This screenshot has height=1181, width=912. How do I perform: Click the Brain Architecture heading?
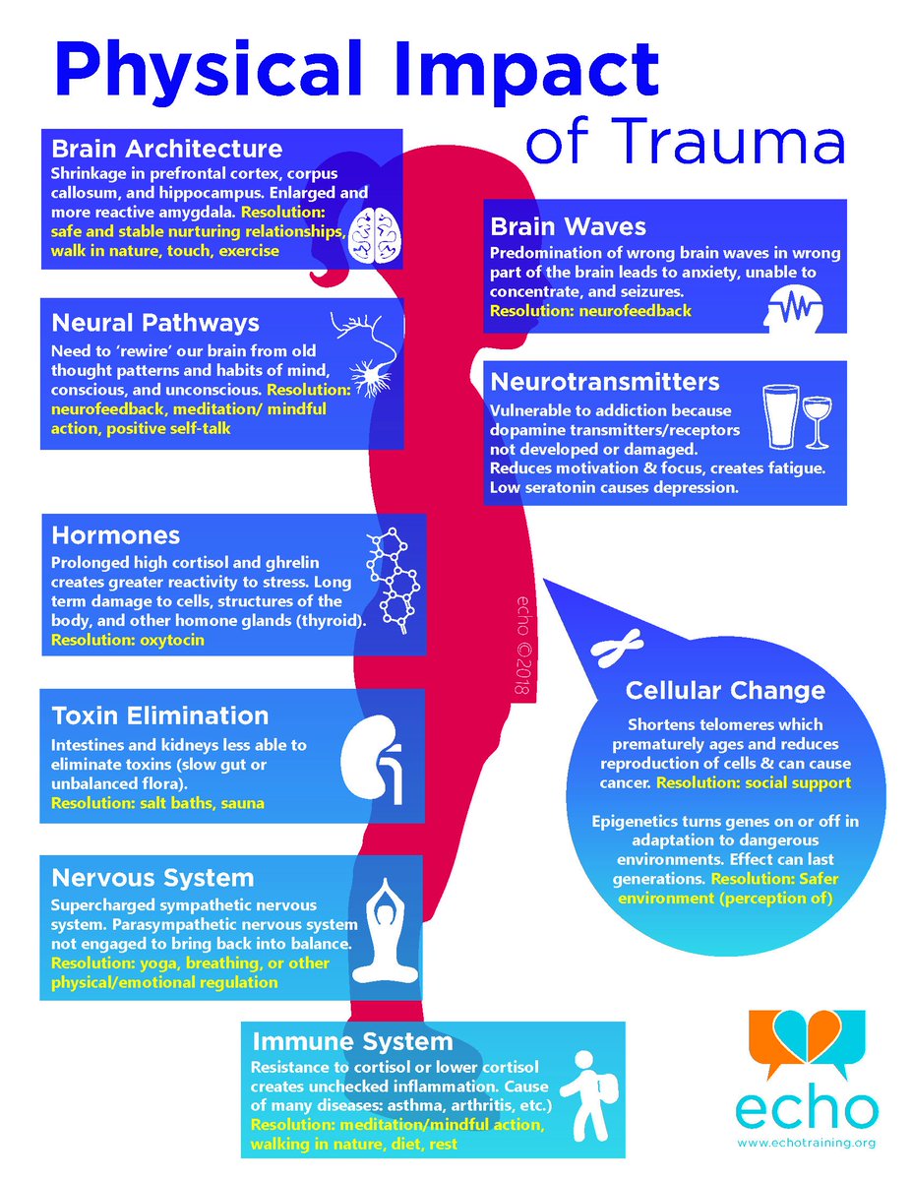click(x=166, y=149)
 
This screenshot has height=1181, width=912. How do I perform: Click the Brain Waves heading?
click(x=568, y=226)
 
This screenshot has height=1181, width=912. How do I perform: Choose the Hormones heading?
click(x=115, y=535)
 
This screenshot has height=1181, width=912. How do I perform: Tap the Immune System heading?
click(x=352, y=1040)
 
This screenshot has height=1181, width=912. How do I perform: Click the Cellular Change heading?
click(x=724, y=691)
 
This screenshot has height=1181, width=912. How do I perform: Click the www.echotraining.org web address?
click(x=805, y=1143)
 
